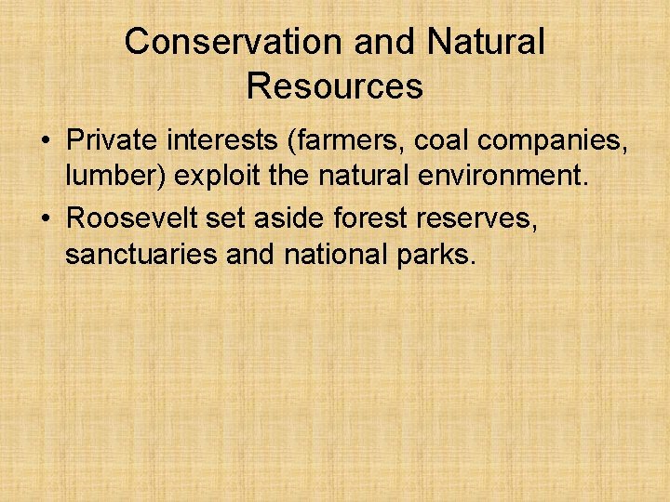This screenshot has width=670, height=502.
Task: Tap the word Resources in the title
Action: click(x=335, y=86)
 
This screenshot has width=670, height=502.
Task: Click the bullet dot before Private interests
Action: click(x=45, y=141)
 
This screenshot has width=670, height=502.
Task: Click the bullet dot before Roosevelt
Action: click(x=45, y=219)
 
